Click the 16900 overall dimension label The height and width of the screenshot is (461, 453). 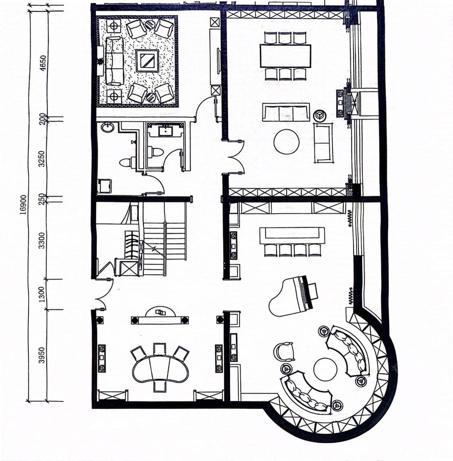click(x=23, y=204)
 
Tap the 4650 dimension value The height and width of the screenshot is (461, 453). click(x=43, y=63)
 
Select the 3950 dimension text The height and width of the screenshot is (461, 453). click(x=42, y=355)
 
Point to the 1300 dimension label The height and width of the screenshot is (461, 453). click(x=42, y=294)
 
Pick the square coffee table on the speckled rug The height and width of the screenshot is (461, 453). click(x=147, y=61)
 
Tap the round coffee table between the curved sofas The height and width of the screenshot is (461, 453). click(x=325, y=369)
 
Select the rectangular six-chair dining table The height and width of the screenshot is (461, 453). click(x=285, y=56)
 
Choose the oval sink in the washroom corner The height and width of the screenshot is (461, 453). click(x=108, y=127)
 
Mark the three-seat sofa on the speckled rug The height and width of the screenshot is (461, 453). click(x=114, y=61)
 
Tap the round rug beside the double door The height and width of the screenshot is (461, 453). click(x=287, y=142)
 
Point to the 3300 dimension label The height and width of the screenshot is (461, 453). click(x=42, y=240)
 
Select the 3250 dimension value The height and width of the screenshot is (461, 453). click(x=42, y=159)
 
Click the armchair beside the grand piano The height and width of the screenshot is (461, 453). click(x=284, y=352)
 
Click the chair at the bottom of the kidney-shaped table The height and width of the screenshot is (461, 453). click(x=160, y=386)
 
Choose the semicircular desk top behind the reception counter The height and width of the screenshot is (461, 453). click(x=160, y=312)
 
